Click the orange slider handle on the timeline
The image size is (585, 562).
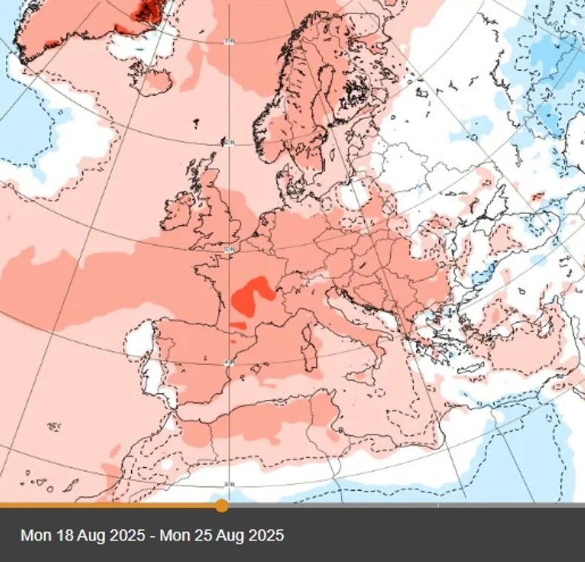click(221, 506)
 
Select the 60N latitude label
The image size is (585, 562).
click(229, 142)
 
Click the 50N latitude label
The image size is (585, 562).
click(230, 250)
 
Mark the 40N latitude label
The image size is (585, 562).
click(230, 361)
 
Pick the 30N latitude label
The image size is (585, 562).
click(230, 484)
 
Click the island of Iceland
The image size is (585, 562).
click(153, 79)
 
